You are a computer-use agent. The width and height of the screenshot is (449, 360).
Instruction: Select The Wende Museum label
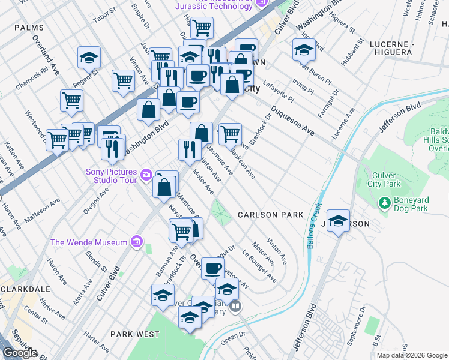[89, 242]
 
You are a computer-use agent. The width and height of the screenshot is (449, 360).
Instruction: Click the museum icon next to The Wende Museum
[136, 242]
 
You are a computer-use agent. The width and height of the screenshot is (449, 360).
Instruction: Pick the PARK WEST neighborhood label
[135, 334]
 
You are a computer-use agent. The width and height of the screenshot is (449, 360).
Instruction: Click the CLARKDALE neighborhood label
[25, 289]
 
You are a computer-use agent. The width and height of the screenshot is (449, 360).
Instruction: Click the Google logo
[20, 353]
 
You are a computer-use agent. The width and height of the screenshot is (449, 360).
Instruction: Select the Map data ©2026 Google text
[412, 355]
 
